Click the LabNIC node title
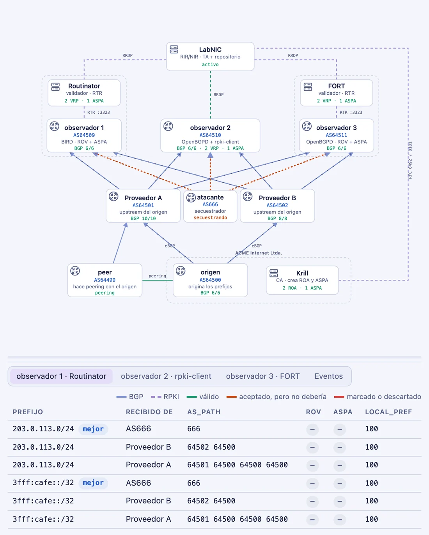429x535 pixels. [210, 49]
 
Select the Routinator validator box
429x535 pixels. [84, 93]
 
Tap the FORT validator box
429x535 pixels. [337, 93]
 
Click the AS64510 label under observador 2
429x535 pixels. [210, 135]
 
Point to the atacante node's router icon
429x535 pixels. [191, 198]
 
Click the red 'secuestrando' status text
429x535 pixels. [210, 217]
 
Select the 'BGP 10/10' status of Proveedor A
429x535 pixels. [143, 218]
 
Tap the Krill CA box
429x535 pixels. [302, 280]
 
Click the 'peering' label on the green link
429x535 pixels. [157, 276]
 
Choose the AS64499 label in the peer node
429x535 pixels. [105, 280]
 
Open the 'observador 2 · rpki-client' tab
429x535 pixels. [166, 376]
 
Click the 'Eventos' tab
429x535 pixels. [328, 376]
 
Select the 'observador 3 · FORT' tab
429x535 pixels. [263, 376]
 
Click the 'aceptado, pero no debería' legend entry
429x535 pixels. [276, 397]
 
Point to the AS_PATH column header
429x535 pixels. [204, 412]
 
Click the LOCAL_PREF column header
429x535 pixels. [388, 412]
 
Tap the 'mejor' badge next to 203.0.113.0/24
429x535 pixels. [93, 429]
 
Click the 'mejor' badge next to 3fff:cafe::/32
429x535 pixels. [93, 482]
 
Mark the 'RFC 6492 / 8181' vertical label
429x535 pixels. [410, 161]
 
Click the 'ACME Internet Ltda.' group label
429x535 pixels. [259, 253]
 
